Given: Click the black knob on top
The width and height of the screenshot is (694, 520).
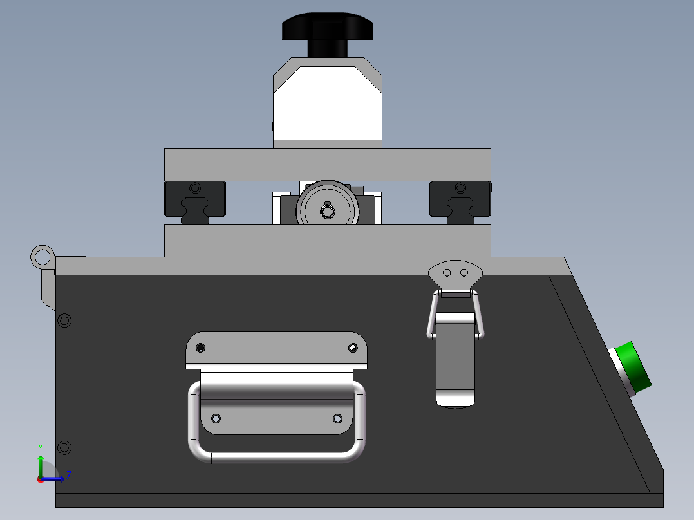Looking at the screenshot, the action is pos(328,33).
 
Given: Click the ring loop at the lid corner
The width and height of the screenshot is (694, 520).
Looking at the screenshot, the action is pos(42,257).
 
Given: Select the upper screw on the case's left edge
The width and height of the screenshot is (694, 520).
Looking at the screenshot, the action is pos(64,320).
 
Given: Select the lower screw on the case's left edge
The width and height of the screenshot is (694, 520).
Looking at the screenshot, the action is pos(64,447).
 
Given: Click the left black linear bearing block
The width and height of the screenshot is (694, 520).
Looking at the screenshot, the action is pos(195,202).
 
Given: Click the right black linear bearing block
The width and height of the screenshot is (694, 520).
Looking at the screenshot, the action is pos(460,202).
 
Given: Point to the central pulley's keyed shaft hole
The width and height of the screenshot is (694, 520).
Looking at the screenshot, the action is pos(328,212).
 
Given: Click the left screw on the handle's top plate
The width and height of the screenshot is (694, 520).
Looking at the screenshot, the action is pos(200,348).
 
